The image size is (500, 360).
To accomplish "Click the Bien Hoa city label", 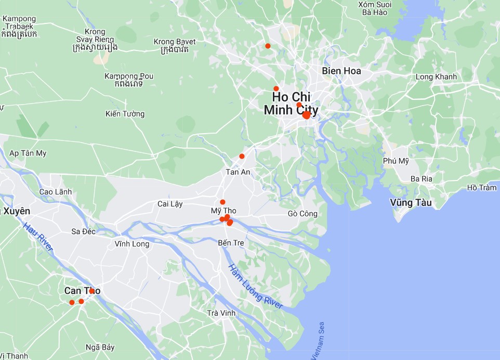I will pos(341,71).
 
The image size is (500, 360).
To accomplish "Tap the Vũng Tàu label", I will pos(411,203).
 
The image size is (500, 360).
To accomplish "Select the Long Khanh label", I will pos(436,77).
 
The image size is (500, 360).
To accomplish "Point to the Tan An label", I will pos(238,172).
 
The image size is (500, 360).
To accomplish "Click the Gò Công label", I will pos(302,214).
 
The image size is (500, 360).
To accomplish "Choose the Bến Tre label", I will pos(231,243).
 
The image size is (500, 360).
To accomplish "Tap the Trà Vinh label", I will pos(221,313).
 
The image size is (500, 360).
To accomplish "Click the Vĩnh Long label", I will pos(132,243).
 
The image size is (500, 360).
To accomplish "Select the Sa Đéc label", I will pos(83,231).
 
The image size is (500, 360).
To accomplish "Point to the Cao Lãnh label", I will pos(56,192).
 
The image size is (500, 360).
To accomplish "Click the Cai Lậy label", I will pos(170,204).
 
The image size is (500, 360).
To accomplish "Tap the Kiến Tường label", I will pos(125,114).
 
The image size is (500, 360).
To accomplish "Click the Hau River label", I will pos(38,237).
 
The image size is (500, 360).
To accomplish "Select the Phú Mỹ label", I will pos(396,161).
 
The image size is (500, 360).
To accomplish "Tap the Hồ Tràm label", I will pos(481,188).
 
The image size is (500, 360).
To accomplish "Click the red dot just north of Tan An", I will pos(242,156).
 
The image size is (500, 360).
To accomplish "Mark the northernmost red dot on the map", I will pos(268,46).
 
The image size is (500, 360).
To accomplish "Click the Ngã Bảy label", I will pos(100,348).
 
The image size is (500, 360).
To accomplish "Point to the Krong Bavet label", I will pos(175,42).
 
